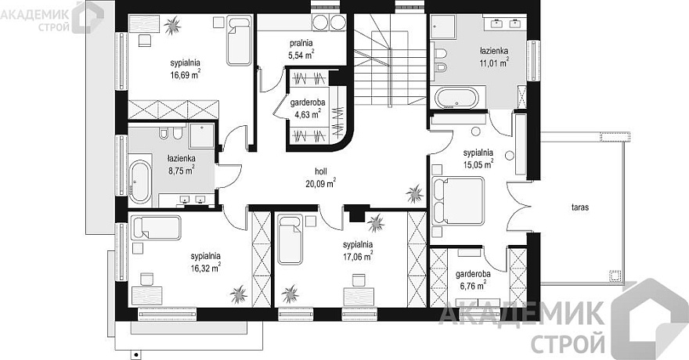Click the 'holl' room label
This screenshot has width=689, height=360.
click(321, 171)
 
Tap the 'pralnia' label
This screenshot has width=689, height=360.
click(301, 43)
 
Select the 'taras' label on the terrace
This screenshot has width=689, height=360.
click(580, 207)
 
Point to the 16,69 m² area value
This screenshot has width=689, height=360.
click(186, 74)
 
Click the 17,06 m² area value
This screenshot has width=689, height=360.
click(358, 256)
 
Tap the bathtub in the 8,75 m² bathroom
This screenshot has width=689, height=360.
click(140, 182)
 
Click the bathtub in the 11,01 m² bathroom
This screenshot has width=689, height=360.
click(457, 98)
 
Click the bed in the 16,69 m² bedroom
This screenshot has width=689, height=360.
click(240, 41)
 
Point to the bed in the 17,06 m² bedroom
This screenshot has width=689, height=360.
click(290, 239)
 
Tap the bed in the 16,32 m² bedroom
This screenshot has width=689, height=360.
click(156, 228)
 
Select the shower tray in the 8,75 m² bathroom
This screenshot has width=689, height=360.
click(202, 135)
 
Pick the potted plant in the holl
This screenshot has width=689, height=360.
click(414, 193)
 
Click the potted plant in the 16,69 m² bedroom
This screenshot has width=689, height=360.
click(172, 25)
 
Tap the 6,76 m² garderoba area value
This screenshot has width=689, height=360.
click(472, 286)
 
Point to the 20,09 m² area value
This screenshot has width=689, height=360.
click(321, 183)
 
